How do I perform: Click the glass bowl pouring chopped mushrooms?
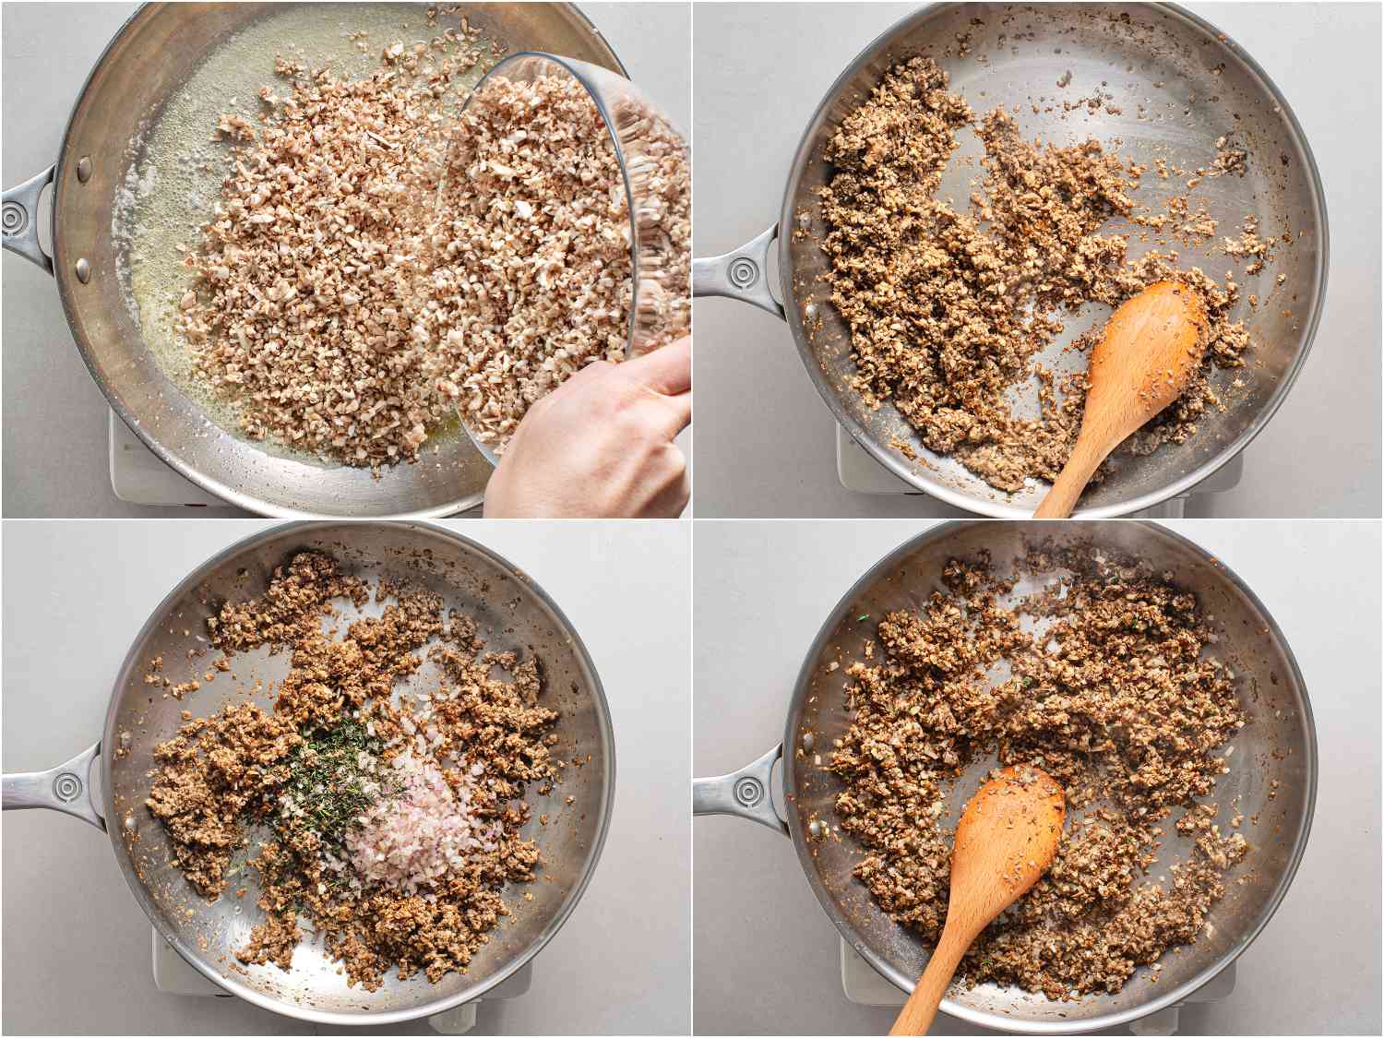pos(563,231)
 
